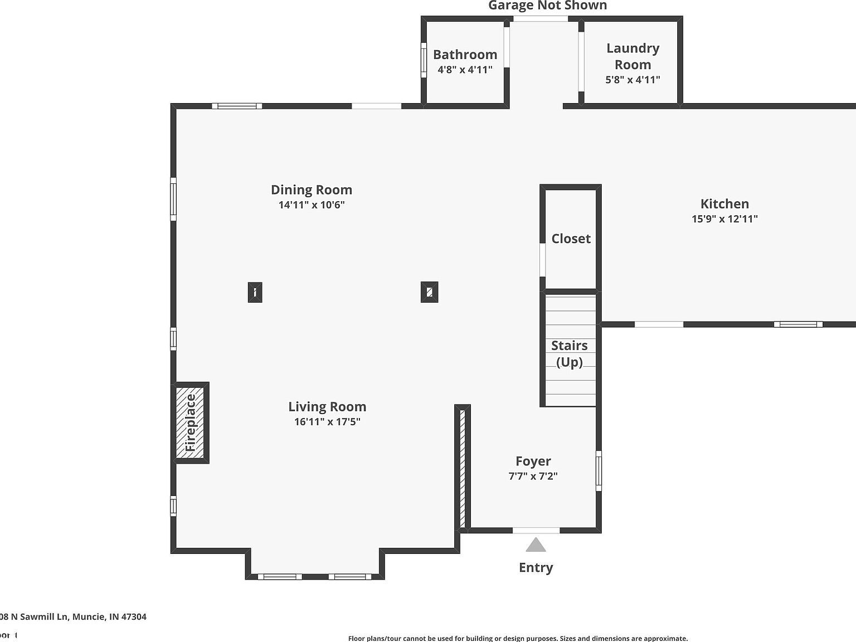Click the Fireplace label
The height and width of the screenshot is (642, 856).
coord(191,422)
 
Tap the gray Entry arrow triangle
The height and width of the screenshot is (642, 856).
coord(536,544)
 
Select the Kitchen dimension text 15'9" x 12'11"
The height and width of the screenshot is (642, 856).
coord(724,219)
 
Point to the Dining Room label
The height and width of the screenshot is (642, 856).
coord(311,189)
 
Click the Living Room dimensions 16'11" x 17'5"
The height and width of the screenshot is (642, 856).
coord(327,422)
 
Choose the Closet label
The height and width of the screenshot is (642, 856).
coord(571,239)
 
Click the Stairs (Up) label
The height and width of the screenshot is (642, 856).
coord(570,353)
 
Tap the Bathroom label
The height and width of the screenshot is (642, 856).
coord(465,55)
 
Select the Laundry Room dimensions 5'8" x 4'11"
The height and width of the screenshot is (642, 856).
coord(633,80)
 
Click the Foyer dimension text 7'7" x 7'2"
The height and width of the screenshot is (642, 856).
coord(533,476)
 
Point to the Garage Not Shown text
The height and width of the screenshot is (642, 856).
coord(547,6)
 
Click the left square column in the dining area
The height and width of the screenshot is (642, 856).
coord(255,292)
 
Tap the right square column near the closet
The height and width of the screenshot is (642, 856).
coord(429,292)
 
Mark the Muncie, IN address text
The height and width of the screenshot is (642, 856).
coord(73,616)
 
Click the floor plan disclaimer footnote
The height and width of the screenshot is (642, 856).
coord(518,638)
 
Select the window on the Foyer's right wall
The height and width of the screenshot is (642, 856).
coord(599,471)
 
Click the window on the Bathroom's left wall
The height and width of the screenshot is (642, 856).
coord(424,60)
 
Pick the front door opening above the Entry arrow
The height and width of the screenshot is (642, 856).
coord(536,530)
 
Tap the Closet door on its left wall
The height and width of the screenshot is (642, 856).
coord(542,260)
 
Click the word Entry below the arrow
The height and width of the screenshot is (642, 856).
coord(536,567)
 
